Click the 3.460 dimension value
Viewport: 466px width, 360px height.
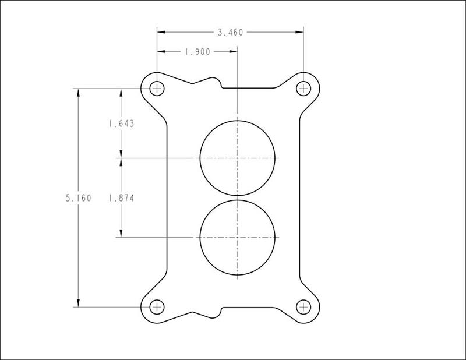tap(230, 32)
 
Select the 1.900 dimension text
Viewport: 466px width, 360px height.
tap(197, 52)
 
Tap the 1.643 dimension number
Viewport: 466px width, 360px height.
tap(121, 123)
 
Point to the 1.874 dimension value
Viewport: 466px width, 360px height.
tap(121, 198)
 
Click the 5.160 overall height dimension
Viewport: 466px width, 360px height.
tap(79, 198)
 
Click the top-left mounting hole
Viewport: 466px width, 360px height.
tap(157, 89)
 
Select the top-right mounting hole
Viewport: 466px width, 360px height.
tap(303, 89)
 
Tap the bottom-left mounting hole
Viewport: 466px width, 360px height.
tap(157, 307)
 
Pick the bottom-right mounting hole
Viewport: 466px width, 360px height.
tap(303, 307)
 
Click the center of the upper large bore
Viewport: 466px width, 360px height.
tap(238, 158)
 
